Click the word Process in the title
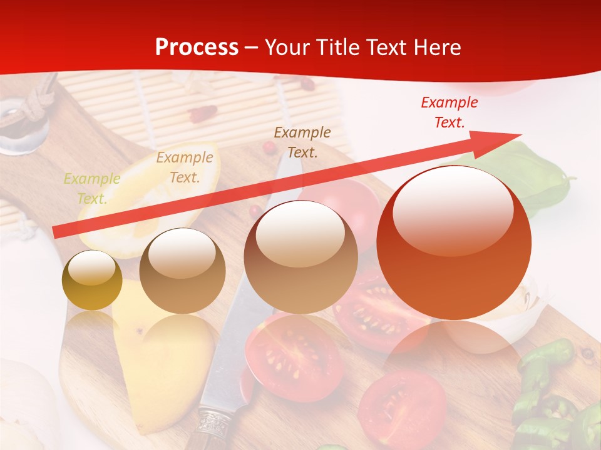pyautogui.click(x=197, y=47)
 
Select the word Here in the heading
pyautogui.click(x=436, y=47)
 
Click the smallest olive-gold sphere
pyautogui.click(x=92, y=280)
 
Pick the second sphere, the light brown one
pyautogui.click(x=182, y=271)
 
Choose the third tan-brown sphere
pyautogui.click(x=300, y=257)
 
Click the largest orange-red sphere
pyautogui.click(x=454, y=242)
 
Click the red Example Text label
pyautogui.click(x=449, y=112)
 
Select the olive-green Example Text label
pyautogui.click(x=92, y=188)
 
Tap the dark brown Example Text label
pyautogui.click(x=302, y=142)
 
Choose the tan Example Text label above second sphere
pyautogui.click(x=184, y=167)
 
